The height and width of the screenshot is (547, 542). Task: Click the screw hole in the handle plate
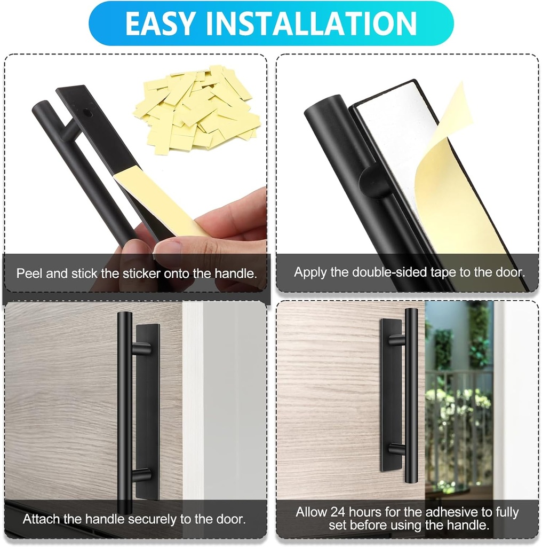(x=88, y=113)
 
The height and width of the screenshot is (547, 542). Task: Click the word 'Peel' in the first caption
(x=30, y=274)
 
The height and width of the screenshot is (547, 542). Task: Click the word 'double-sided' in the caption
(x=391, y=272)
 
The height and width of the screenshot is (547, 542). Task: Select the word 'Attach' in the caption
(x=39, y=519)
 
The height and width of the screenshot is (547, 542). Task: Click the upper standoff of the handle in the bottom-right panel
(x=397, y=339)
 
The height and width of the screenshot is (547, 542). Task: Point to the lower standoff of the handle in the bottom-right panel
(x=397, y=449)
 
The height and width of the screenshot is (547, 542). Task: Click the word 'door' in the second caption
(x=507, y=272)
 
